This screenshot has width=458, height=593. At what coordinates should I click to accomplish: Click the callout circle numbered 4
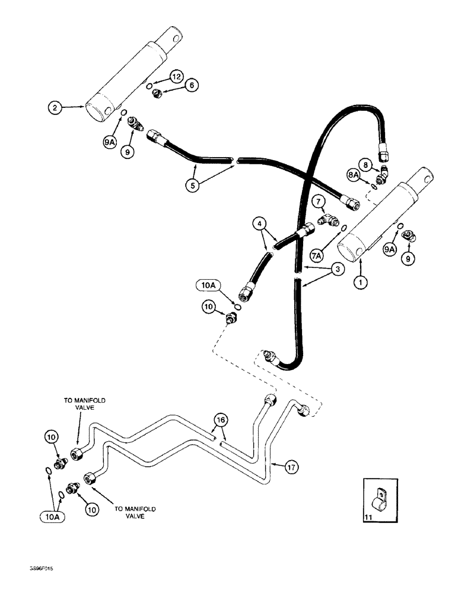pyautogui.click(x=257, y=225)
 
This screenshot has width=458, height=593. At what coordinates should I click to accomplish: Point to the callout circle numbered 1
pyautogui.click(x=358, y=283)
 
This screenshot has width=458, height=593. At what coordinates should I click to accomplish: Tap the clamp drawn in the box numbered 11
pyautogui.click(x=376, y=499)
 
